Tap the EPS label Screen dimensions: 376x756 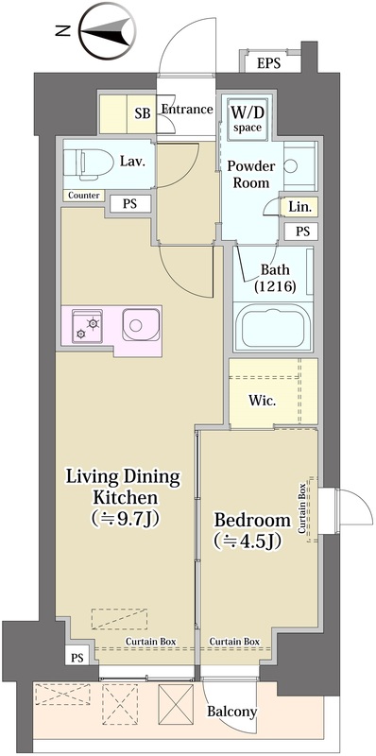[x=268, y=63]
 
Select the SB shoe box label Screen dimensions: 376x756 [x=143, y=113]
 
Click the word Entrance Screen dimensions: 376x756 [x=187, y=110]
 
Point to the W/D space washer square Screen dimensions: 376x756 [x=248, y=119]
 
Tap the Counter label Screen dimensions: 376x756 [x=84, y=196]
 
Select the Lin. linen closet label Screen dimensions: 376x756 [x=299, y=207]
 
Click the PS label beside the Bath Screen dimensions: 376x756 [x=302, y=232]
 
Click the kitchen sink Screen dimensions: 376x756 [x=140, y=325]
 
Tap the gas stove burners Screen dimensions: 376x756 [x=87, y=326]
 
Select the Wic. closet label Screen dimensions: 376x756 [x=263, y=401]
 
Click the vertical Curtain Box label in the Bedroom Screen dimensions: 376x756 [x=301, y=508]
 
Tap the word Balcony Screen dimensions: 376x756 [x=231, y=712]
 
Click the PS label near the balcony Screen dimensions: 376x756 [x=77, y=657]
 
